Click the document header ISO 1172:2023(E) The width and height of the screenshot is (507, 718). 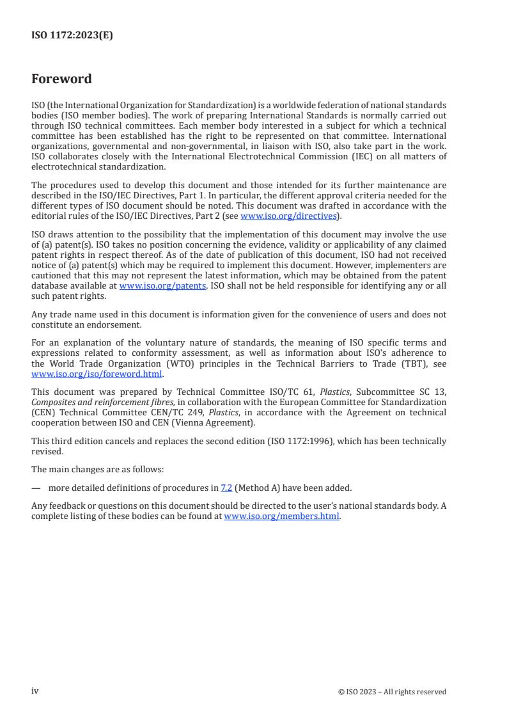pyautogui.click(x=72, y=36)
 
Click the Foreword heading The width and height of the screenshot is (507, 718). pyautogui.click(x=61, y=79)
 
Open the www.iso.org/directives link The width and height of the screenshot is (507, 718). pyautogui.click(x=288, y=216)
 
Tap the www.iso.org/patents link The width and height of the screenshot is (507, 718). pyautogui.click(x=162, y=286)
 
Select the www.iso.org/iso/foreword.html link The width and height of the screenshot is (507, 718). pyautogui.click(x=97, y=374)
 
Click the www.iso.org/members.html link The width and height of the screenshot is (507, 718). pyautogui.click(x=281, y=516)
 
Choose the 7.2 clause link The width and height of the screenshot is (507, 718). pyautogui.click(x=226, y=488)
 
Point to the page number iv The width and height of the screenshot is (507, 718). pyautogui.click(x=35, y=690)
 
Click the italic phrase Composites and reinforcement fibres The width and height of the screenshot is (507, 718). pyautogui.click(x=102, y=401)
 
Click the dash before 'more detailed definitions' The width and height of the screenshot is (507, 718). pyautogui.click(x=36, y=488)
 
